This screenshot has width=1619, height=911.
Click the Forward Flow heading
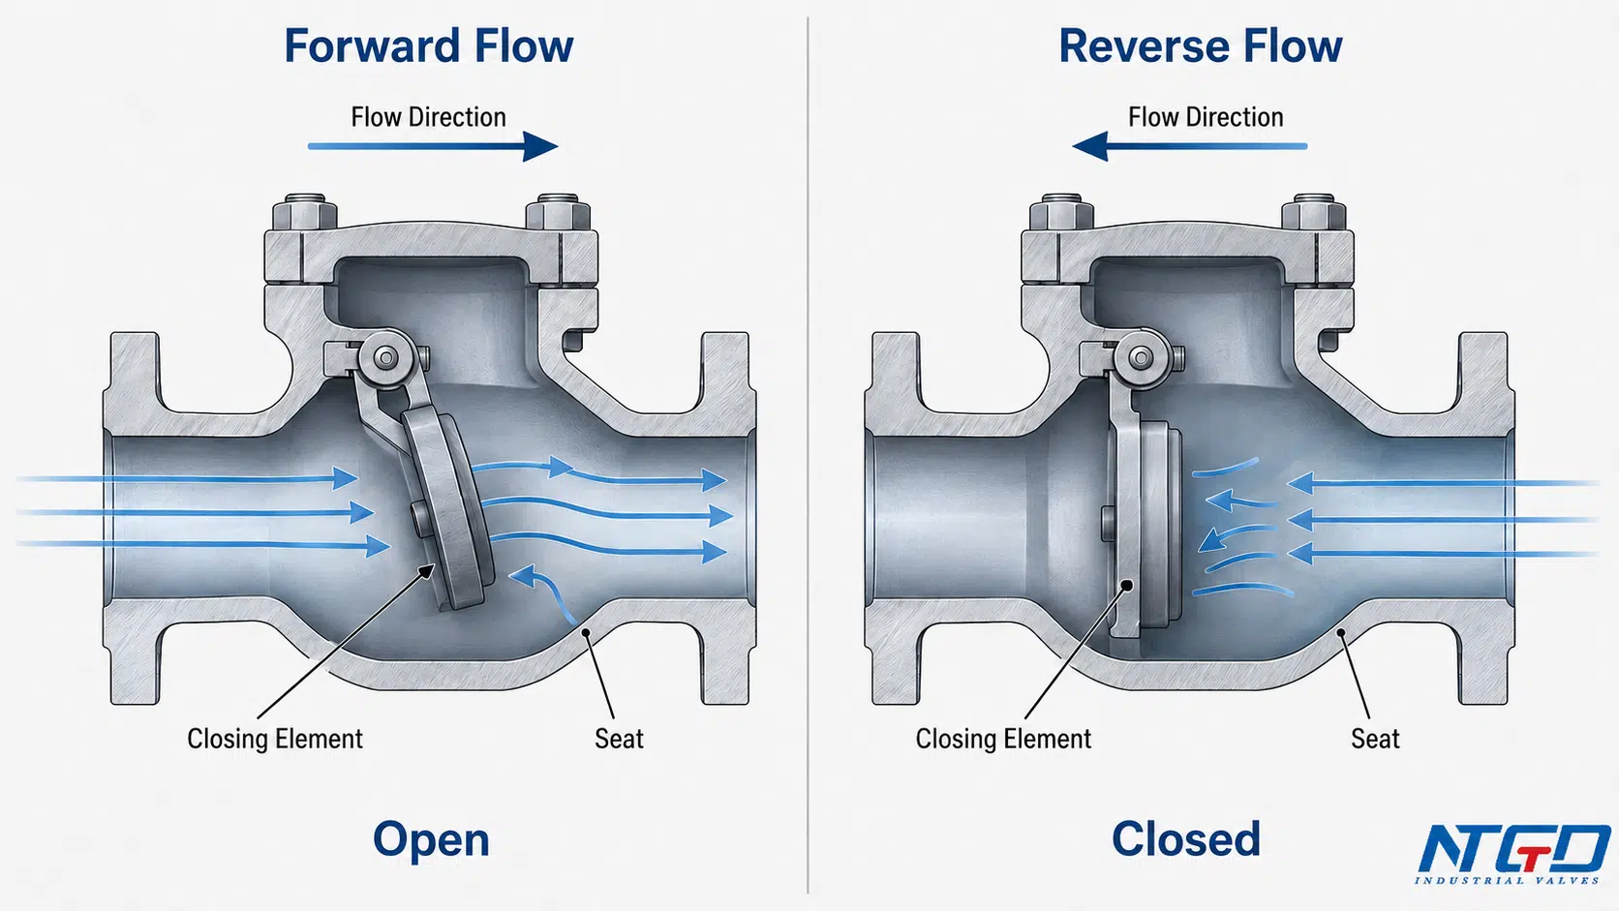429,46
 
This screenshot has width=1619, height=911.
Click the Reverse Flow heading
1201,46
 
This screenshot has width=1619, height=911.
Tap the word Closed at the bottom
1186,838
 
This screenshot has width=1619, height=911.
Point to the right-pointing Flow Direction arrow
433,146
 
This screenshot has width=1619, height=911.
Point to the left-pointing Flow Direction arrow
1190,146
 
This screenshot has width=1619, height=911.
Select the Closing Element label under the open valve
275,739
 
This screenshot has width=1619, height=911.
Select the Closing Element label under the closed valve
1003,739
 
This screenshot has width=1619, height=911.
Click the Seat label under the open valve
619,739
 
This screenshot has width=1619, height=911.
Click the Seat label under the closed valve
1375,739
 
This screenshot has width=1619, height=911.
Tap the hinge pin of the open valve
386,357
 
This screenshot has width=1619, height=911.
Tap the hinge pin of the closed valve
1142,357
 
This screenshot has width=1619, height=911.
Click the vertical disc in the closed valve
1146,530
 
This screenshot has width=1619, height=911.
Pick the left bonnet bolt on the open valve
305,212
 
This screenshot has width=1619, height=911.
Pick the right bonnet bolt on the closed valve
1313,212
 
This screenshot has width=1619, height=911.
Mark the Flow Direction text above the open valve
429,117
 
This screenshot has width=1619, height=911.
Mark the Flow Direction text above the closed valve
1206,117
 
